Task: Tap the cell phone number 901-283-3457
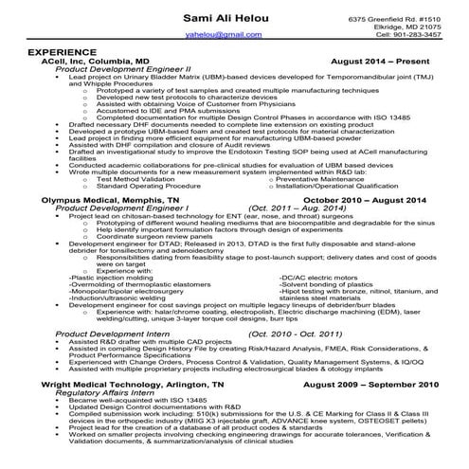[x=417, y=34]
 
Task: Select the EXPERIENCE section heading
[x=62, y=50]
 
